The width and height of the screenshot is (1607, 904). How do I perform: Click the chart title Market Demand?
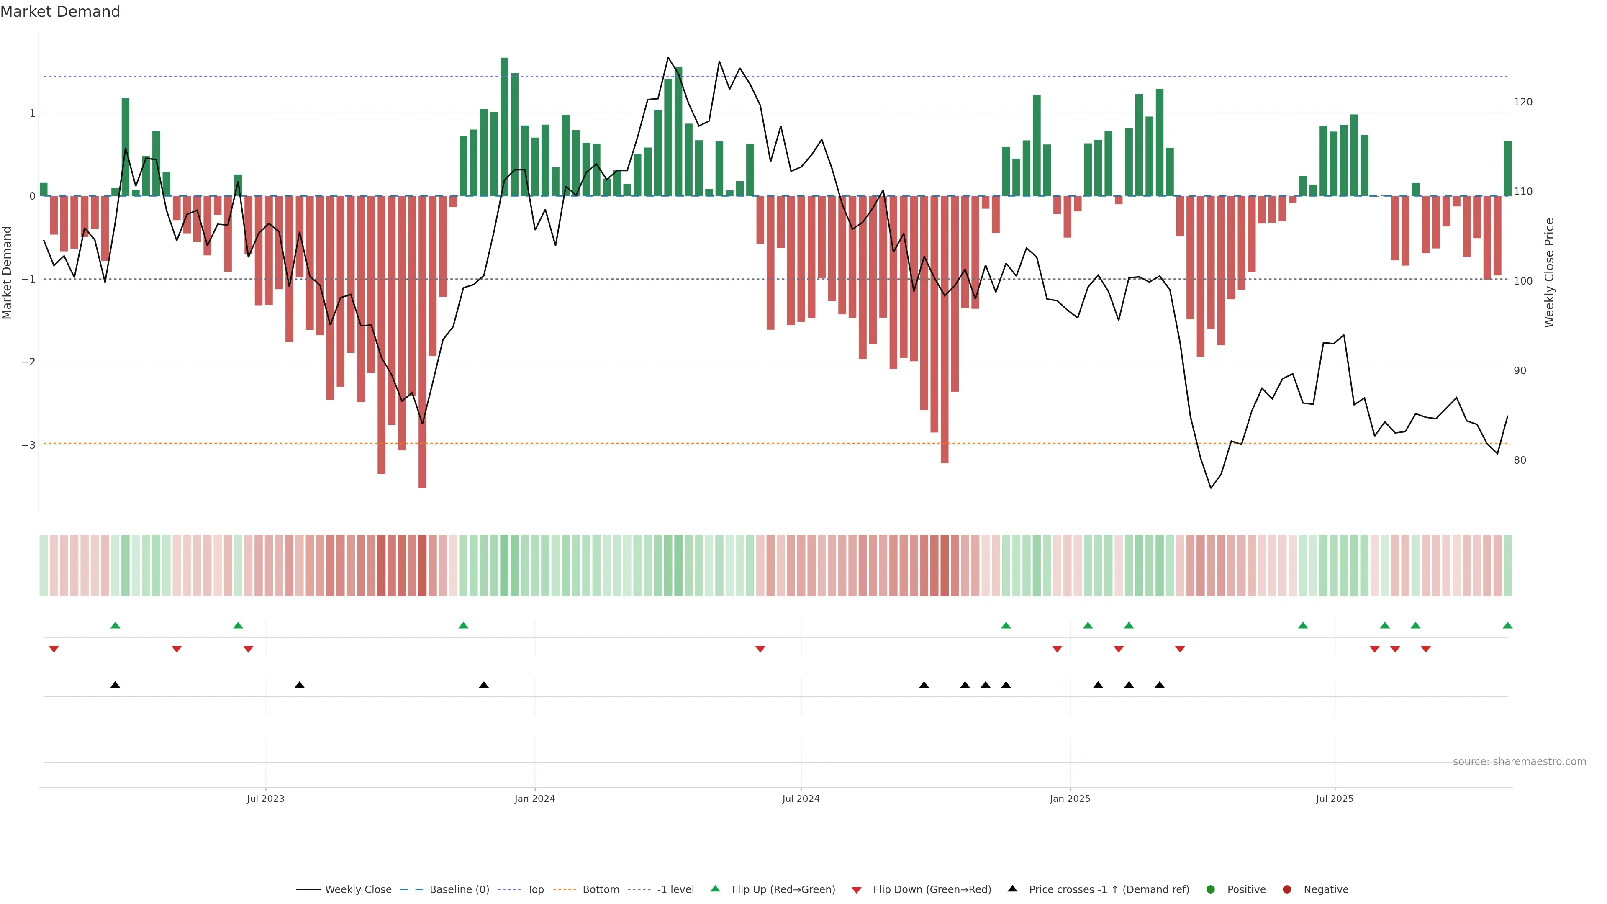click(x=60, y=12)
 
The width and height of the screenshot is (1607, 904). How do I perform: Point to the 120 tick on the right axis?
click(x=1523, y=102)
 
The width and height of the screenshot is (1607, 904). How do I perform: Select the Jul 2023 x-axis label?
click(x=265, y=799)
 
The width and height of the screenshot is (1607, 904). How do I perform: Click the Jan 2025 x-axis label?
click(x=1070, y=799)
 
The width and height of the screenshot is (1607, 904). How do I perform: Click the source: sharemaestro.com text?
click(x=1519, y=762)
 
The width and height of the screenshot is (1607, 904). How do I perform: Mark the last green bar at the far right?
click(x=1507, y=168)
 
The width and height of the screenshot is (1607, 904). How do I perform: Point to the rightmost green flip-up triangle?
click(x=1507, y=625)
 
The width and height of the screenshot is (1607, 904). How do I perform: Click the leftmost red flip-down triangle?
click(x=54, y=650)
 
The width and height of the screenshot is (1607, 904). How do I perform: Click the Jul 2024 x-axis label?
click(x=801, y=799)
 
